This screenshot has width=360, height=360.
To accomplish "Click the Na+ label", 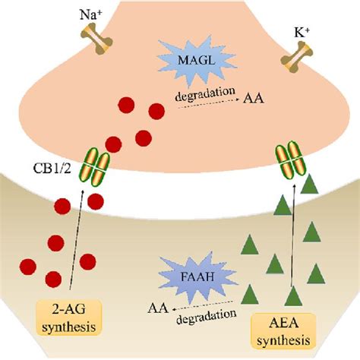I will tap(89, 13).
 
